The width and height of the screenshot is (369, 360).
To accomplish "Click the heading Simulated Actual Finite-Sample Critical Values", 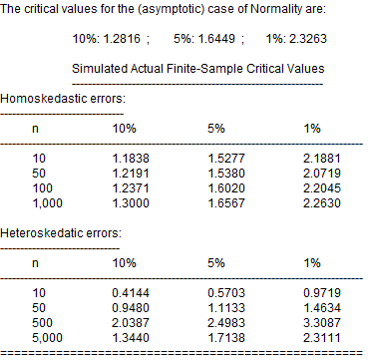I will tap(197, 72).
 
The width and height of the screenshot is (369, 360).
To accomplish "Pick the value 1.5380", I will tap(225, 173).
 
